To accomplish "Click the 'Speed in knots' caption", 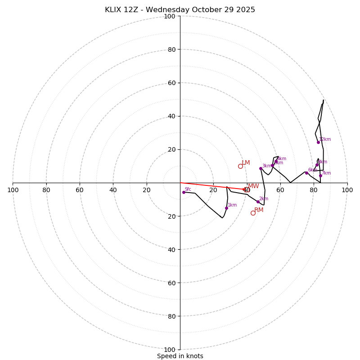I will pyautogui.click(x=180, y=356).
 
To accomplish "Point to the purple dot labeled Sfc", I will pyautogui.click(x=184, y=192).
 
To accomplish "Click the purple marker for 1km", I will pyautogui.click(x=226, y=208).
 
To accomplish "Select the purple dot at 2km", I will pyautogui.click(x=258, y=202).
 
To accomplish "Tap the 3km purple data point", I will pyautogui.click(x=261, y=168).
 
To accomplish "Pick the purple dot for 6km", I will pyautogui.click(x=306, y=173).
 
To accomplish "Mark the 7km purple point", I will pyautogui.click(x=320, y=176).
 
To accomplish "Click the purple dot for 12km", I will pyautogui.click(x=318, y=142).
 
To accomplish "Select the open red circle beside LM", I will pyautogui.click(x=240, y=166).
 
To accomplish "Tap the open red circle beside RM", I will pyautogui.click(x=253, y=213).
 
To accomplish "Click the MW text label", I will pyautogui.click(x=253, y=186).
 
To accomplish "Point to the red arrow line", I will pyautogui.click(x=211, y=186).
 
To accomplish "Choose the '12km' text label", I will pyautogui.click(x=325, y=139).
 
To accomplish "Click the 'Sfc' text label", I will pyautogui.click(x=188, y=189).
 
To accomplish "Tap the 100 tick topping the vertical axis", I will pyautogui.click(x=169, y=16).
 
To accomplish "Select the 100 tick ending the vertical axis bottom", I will pyautogui.click(x=169, y=349).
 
